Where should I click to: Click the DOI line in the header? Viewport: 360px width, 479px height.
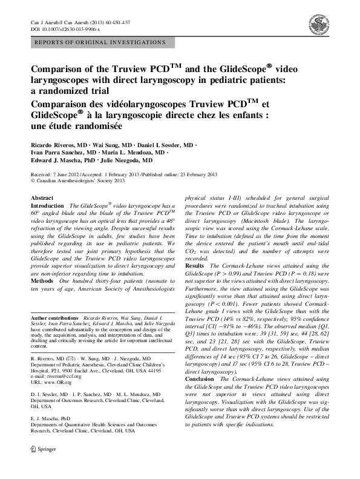65,28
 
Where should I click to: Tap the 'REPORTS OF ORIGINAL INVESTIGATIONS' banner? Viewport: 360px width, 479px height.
100,42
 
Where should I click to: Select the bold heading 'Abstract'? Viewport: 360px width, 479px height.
42,197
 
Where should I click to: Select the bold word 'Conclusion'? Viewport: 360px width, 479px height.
199,378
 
